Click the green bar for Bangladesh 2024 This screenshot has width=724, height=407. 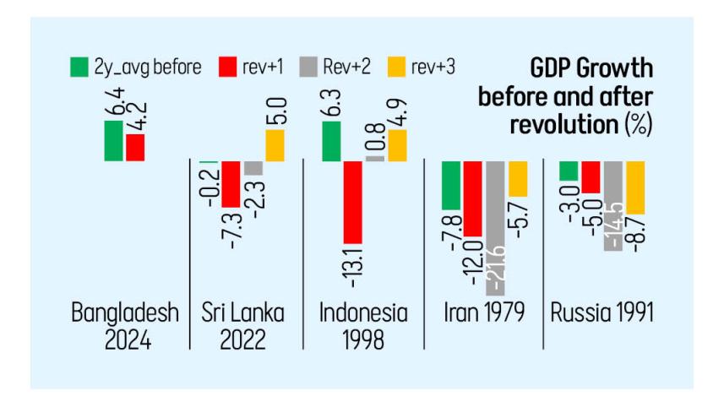pos(113,140)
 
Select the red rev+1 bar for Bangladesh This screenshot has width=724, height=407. pos(133,147)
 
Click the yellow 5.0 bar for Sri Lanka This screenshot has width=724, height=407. pos(275,146)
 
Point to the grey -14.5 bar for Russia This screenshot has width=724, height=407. pos(612,205)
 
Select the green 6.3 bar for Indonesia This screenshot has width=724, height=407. pos(332,141)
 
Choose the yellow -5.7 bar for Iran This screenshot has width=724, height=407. pos(518,178)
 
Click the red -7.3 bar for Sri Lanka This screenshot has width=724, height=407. pos(231,184)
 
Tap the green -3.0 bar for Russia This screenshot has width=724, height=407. pos(569,171)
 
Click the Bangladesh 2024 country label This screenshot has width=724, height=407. pos(125,324)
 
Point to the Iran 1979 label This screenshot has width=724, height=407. pos(483,313)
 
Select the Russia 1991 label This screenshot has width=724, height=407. pos(602,313)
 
